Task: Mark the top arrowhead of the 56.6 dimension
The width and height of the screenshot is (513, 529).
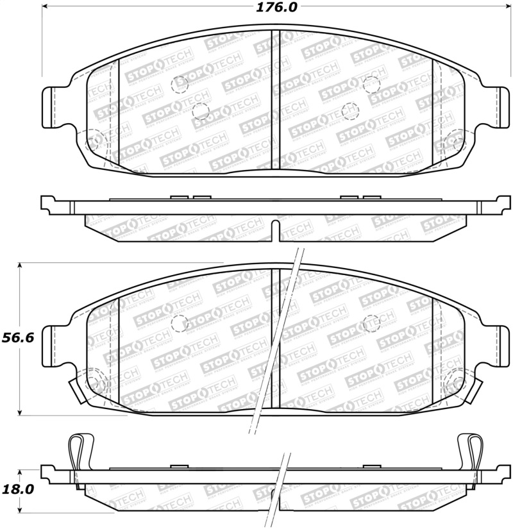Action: [21, 265]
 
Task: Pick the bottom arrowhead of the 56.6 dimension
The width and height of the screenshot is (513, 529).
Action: [21, 412]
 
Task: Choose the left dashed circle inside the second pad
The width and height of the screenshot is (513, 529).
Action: [180, 323]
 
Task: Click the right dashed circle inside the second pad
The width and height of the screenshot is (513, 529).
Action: [371, 323]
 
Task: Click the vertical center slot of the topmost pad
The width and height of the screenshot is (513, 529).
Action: [276, 99]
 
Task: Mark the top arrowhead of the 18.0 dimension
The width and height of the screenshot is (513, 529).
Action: [21, 469]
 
